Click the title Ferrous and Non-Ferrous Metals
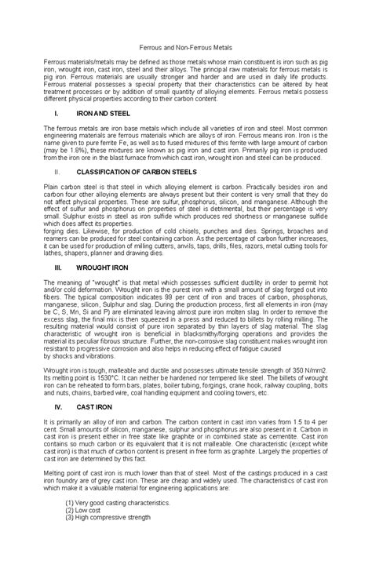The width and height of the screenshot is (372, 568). pyautogui.click(x=185, y=47)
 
